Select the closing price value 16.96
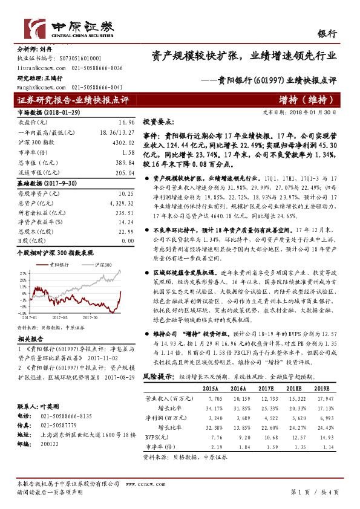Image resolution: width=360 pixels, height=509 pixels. (126, 122)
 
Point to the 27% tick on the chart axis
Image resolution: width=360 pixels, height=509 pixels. (22, 273)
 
